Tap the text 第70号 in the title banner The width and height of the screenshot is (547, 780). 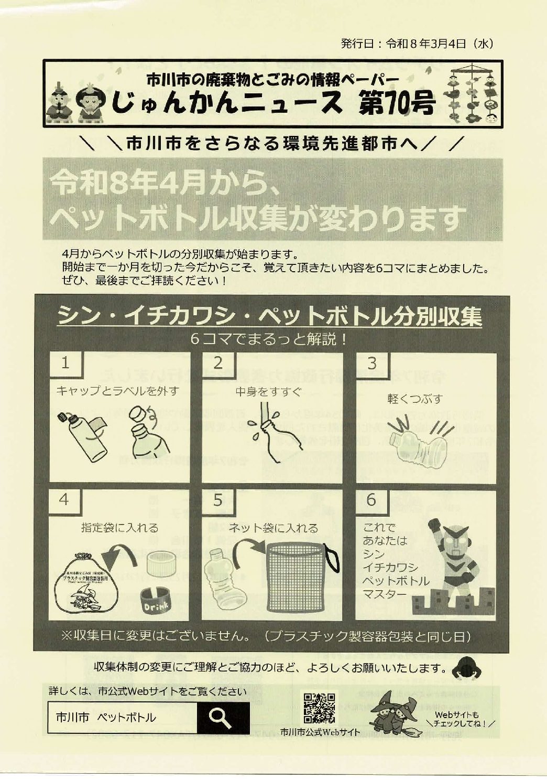click(396, 103)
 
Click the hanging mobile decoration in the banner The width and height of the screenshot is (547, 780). click(471, 94)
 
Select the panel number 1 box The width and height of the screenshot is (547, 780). click(65, 363)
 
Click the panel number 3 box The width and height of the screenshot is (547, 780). click(372, 363)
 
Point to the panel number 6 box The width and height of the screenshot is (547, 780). click(371, 500)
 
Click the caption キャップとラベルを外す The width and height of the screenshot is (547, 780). click(117, 391)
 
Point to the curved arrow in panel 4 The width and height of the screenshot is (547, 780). click(117, 556)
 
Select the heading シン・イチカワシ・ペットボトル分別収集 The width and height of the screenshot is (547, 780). click(269, 316)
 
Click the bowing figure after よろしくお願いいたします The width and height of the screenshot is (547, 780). click(466, 668)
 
